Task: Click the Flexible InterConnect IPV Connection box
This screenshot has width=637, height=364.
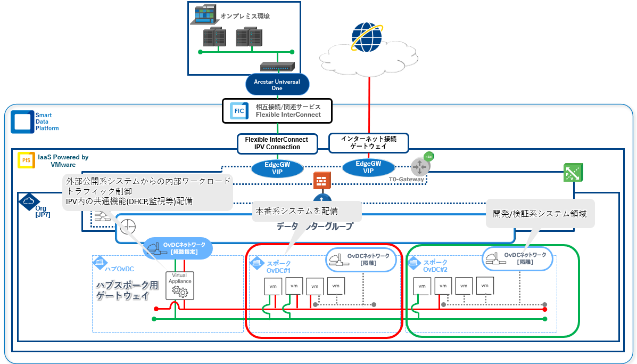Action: [277, 143]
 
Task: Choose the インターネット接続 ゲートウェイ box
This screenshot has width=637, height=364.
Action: [368, 143]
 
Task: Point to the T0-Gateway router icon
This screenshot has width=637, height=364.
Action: [420, 167]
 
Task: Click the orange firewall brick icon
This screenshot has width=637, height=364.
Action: [321, 181]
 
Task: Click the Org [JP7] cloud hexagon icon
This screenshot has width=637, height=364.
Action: [27, 201]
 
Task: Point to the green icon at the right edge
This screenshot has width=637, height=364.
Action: [573, 173]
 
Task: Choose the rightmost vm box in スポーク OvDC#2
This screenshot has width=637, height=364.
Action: [485, 286]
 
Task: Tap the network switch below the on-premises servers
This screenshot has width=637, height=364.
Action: [277, 67]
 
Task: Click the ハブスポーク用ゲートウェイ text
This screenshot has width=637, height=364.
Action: [127, 291]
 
